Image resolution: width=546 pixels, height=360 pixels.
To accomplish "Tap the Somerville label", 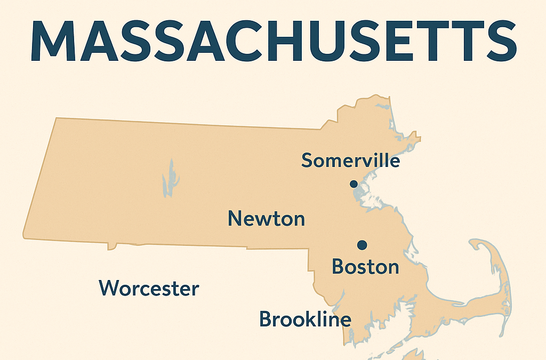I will (350, 160).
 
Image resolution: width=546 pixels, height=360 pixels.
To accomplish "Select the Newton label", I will (266, 218).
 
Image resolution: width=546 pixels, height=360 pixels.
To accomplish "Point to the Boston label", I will (365, 266).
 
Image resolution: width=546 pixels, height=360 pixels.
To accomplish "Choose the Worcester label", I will (149, 289).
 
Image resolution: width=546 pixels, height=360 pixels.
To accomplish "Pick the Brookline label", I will (305, 319).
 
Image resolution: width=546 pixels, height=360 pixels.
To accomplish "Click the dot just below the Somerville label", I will (353, 184).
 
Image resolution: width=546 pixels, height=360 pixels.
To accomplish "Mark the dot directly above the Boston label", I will (363, 245).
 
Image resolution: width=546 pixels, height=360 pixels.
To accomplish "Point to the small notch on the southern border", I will (112, 247).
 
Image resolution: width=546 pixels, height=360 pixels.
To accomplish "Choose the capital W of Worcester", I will (109, 289).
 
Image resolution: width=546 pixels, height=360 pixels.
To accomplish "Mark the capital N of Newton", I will (235, 218).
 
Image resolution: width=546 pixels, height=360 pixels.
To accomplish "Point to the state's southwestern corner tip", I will (24, 235).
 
